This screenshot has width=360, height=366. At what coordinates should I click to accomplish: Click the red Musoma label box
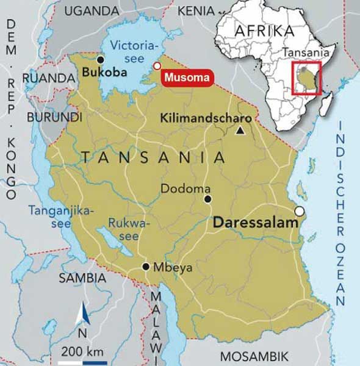point(187,77)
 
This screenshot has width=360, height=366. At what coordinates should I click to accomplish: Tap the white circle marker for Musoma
point(157,66)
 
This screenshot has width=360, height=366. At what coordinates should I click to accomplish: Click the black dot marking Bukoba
point(100,59)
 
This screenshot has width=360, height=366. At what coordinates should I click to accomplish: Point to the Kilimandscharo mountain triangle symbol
point(241,130)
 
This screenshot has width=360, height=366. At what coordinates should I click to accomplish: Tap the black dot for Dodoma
point(207,199)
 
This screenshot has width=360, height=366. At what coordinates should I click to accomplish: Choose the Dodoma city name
point(185,189)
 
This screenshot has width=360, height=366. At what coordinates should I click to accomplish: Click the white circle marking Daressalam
point(299,211)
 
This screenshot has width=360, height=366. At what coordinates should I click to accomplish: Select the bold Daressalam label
point(256,223)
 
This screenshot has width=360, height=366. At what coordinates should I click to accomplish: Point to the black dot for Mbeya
point(146,267)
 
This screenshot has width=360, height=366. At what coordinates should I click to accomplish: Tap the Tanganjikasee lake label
point(61,217)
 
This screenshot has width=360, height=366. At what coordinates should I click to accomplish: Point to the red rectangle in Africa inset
point(306,78)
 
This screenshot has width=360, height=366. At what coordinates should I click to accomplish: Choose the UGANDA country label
point(91,10)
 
